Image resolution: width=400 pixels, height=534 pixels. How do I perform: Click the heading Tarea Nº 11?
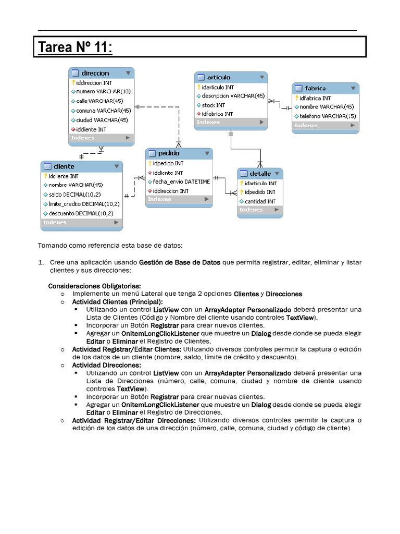click(x=74, y=47)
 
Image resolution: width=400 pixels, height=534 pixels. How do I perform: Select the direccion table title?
click(x=95, y=73)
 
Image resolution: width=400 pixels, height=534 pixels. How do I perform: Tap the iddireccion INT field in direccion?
click(x=94, y=82)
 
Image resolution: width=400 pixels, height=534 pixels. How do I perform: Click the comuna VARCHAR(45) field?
click(x=103, y=111)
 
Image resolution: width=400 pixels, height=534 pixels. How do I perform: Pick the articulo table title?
click(x=219, y=77)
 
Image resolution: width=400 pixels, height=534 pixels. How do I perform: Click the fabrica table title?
click(x=315, y=88)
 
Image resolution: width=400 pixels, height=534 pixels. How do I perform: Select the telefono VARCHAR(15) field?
click(x=328, y=116)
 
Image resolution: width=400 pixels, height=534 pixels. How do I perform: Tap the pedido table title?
click(x=169, y=153)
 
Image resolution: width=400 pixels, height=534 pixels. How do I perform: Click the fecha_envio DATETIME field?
click(x=181, y=181)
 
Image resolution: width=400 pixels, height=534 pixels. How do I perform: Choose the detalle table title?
click(x=260, y=173)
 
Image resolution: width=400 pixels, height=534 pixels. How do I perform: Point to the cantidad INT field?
click(x=260, y=201)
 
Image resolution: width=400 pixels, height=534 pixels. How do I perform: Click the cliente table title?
click(x=64, y=166)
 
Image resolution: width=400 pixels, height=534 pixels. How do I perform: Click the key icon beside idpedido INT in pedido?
click(x=149, y=163)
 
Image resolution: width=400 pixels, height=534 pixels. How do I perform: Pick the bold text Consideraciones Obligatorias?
click(x=94, y=286)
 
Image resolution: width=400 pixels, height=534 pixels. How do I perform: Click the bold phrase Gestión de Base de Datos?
click(x=180, y=262)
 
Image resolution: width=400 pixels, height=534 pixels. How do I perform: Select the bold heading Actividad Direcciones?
click(x=106, y=365)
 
